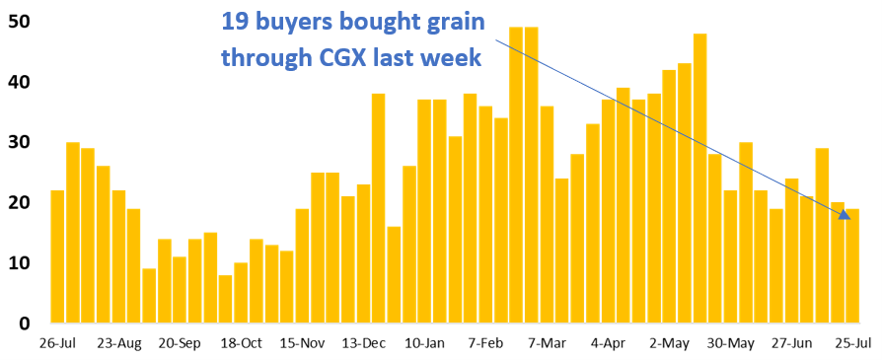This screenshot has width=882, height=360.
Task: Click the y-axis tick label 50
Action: (x=19, y=21)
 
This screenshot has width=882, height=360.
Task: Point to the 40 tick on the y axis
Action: (x=19, y=82)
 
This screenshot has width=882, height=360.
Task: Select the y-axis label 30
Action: (x=19, y=142)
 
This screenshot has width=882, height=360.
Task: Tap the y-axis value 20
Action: (x=19, y=202)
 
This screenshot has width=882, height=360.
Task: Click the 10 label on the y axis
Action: (x=19, y=263)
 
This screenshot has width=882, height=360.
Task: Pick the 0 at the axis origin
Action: (x=25, y=324)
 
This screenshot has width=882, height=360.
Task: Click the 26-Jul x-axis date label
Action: (x=58, y=344)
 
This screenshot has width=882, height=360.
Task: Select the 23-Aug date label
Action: (x=119, y=344)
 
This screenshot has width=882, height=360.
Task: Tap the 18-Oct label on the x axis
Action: (x=242, y=344)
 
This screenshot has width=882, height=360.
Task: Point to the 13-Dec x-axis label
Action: (x=364, y=344)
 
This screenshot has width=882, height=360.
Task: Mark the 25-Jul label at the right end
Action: (x=851, y=344)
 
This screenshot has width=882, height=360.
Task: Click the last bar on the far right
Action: (x=852, y=266)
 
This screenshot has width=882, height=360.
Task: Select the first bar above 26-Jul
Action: (x=57, y=256)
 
